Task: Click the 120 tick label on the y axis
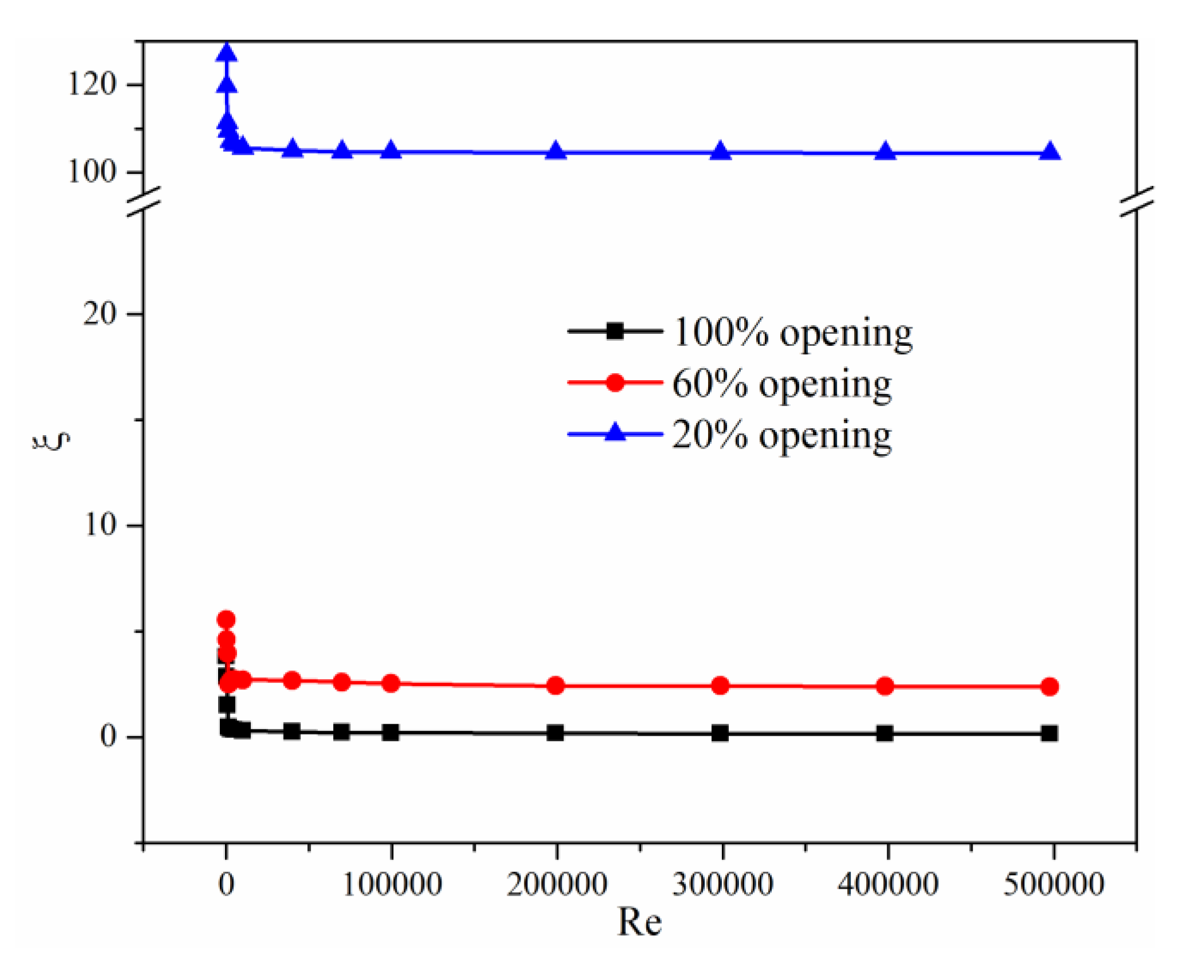click(92, 84)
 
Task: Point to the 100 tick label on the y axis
click(92, 171)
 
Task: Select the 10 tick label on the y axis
click(100, 525)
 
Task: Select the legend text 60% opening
click(781, 384)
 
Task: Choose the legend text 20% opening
click(781, 435)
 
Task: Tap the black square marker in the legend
click(615, 331)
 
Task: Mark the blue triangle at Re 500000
click(1050, 152)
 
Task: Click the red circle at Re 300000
click(720, 685)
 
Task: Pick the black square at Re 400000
click(885, 733)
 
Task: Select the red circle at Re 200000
click(555, 685)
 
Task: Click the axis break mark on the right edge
click(1136, 202)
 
